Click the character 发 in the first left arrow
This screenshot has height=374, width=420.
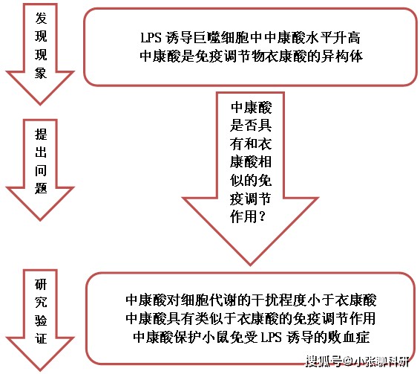[41, 18]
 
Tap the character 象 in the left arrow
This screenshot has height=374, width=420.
[41, 73]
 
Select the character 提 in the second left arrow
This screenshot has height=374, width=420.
[41, 134]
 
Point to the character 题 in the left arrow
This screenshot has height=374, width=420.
[41, 188]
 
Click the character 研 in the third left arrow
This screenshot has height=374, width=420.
[41, 284]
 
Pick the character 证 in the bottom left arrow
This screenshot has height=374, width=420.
[41, 338]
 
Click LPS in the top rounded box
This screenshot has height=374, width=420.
[151, 38]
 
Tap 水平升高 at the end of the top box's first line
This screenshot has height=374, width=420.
[332, 38]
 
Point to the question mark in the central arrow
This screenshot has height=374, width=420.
[262, 216]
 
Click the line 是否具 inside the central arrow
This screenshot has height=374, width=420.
[251, 125]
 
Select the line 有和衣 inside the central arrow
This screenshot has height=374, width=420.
[251, 144]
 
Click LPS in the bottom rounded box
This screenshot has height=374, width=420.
[271, 337]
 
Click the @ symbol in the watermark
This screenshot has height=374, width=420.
[348, 361]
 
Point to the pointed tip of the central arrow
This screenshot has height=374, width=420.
[250, 265]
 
